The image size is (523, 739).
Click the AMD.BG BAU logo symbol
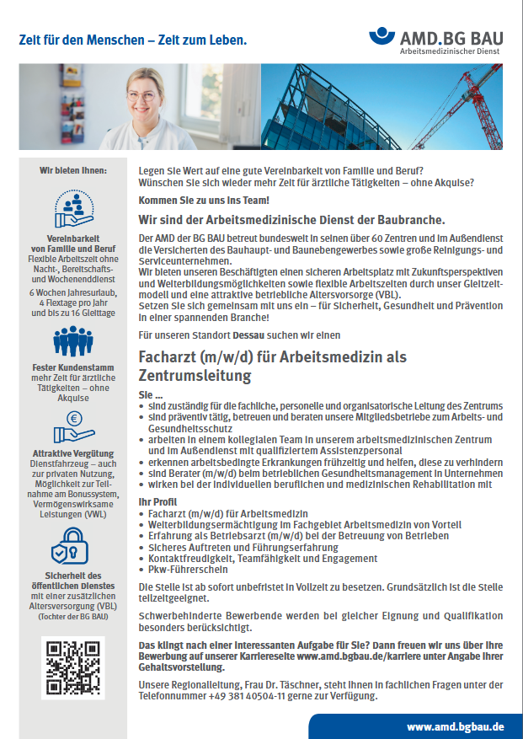[x=382, y=38]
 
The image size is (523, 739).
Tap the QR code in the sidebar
[x=72, y=668]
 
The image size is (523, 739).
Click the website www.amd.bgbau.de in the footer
[x=455, y=726]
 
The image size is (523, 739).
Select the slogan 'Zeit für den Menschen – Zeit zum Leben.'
[x=133, y=40]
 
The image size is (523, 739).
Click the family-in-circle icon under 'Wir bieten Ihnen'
[x=72, y=206]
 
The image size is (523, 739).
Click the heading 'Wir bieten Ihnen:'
[x=73, y=171]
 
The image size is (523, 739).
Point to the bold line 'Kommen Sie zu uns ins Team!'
[x=204, y=200]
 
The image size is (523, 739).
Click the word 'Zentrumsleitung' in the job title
[x=195, y=375]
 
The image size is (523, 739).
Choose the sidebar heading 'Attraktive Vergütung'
[x=73, y=453]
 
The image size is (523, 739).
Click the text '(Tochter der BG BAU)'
[x=73, y=617]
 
